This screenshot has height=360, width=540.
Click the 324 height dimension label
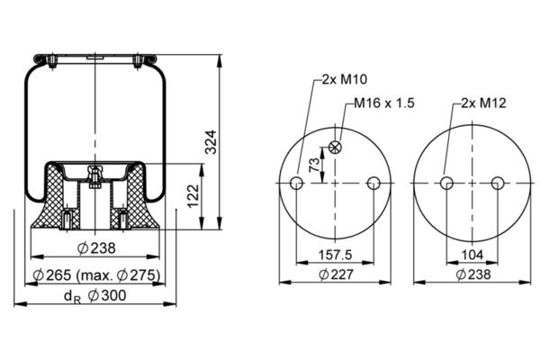[210, 142]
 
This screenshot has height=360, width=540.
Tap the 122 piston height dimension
[193, 195]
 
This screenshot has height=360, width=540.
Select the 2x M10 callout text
[345, 79]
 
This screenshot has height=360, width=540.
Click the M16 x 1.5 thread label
[384, 103]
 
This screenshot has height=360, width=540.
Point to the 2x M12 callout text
[483, 103]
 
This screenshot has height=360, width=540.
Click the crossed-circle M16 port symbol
[335, 148]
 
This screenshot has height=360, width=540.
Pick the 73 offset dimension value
[314, 165]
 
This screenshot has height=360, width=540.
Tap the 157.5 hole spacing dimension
[335, 255]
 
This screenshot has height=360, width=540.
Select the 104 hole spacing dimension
[472, 255]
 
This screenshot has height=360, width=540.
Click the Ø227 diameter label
[336, 274]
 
